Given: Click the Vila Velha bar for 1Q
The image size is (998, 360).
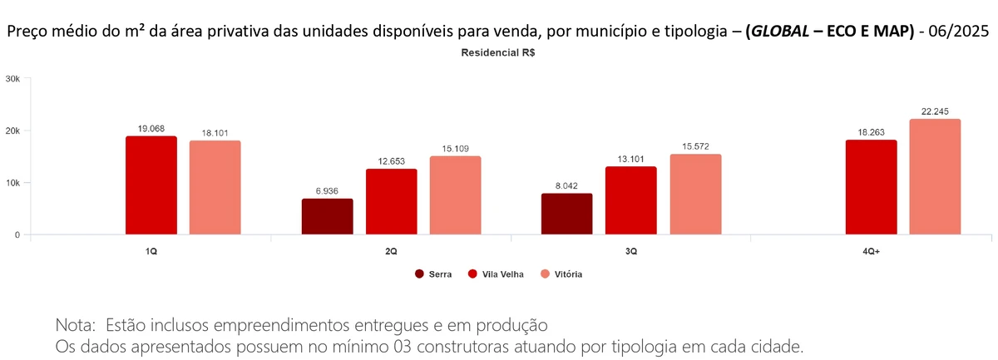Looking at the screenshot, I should pyautogui.click(x=151, y=185).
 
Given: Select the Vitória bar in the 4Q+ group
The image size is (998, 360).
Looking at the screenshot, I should pyautogui.click(x=935, y=177).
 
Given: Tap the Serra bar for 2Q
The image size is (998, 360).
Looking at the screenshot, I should pyautogui.click(x=327, y=217).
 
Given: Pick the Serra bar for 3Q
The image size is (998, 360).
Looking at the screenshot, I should pyautogui.click(x=566, y=214).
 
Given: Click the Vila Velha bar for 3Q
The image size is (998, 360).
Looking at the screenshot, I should pyautogui.click(x=630, y=200).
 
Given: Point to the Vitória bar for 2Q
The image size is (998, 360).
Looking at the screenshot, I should pyautogui.click(x=455, y=195).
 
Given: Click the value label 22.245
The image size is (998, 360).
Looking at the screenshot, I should pyautogui.click(x=935, y=111).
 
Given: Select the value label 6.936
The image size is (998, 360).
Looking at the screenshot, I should pyautogui.click(x=327, y=191).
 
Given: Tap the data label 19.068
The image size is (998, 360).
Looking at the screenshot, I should pyautogui.click(x=151, y=129).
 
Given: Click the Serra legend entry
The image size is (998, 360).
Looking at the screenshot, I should pyautogui.click(x=433, y=274).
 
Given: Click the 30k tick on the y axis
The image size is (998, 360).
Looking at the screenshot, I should pyautogui.click(x=12, y=79).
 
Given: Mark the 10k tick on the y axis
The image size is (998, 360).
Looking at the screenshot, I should pyautogui.click(x=12, y=183).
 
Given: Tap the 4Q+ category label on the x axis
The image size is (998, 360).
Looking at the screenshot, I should pyautogui.click(x=871, y=250).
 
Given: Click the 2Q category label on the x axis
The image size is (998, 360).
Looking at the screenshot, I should pyautogui.click(x=391, y=250).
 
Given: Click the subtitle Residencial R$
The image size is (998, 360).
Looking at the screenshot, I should pyautogui.click(x=499, y=52).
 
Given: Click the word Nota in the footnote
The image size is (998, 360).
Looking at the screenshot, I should pyautogui.click(x=74, y=323).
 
